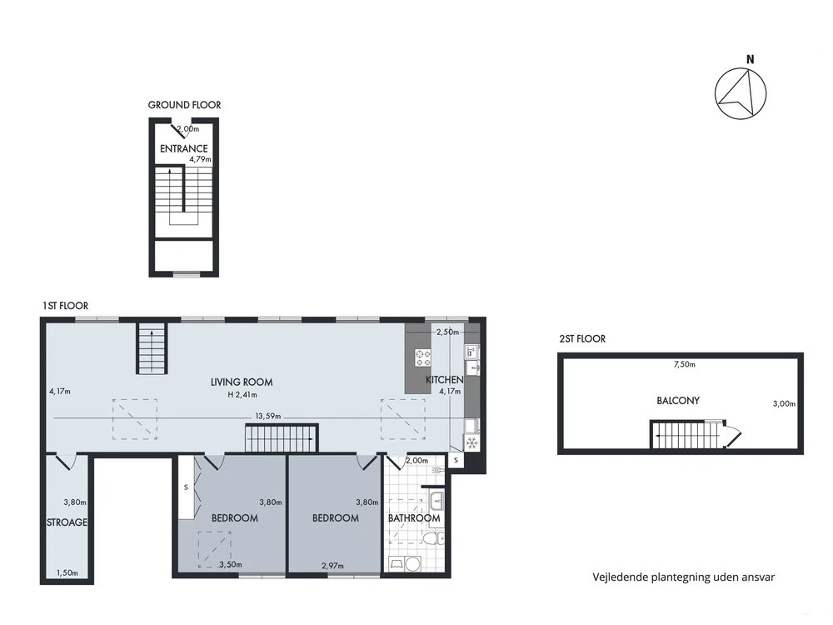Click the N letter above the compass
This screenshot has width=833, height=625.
751,59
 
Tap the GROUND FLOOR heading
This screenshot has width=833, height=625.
184,105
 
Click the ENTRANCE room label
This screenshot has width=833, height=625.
184,149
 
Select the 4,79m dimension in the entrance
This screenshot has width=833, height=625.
200,159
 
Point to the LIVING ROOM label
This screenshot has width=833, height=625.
242,382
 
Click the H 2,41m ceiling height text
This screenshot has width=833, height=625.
242,395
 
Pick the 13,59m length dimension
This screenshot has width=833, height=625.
267,416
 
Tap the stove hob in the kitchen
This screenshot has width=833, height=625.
423,357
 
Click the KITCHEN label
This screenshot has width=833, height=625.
444,380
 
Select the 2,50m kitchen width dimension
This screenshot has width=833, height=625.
447,332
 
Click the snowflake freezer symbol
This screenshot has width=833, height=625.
471,442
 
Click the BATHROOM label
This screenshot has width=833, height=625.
414,518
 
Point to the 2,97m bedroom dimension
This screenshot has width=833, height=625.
332,566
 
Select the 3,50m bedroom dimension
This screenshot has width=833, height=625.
231,564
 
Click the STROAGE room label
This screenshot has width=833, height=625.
67,523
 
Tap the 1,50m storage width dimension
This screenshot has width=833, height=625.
67,573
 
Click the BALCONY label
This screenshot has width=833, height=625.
678,401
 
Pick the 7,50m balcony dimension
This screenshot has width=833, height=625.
684,365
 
